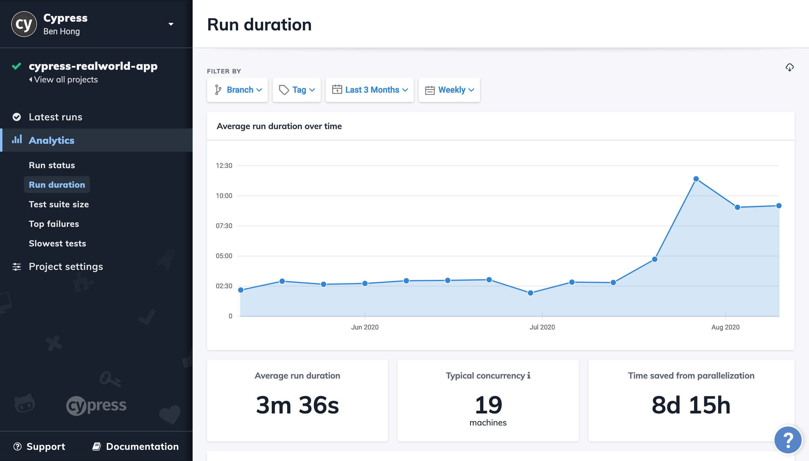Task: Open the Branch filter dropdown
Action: pyautogui.click(x=237, y=90)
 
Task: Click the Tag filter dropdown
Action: pyautogui.click(x=296, y=90)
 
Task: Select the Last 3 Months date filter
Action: pyautogui.click(x=370, y=90)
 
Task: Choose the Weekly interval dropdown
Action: pyautogui.click(x=449, y=90)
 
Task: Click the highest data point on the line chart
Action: pyautogui.click(x=696, y=179)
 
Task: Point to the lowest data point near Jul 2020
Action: pyautogui.click(x=530, y=293)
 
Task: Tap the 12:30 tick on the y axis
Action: pyautogui.click(x=224, y=166)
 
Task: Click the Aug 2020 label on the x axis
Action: pyautogui.click(x=725, y=327)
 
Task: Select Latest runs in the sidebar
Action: pyautogui.click(x=55, y=117)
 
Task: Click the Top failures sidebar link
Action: pyautogui.click(x=54, y=224)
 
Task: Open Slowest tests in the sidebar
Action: pyautogui.click(x=57, y=243)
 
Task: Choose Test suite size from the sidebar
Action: pyautogui.click(x=59, y=204)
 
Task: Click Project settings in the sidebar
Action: pyautogui.click(x=66, y=267)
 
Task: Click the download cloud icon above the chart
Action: pyautogui.click(x=789, y=67)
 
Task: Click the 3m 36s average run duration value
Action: pyautogui.click(x=297, y=405)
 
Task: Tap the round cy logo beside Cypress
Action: pyautogui.click(x=24, y=24)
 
